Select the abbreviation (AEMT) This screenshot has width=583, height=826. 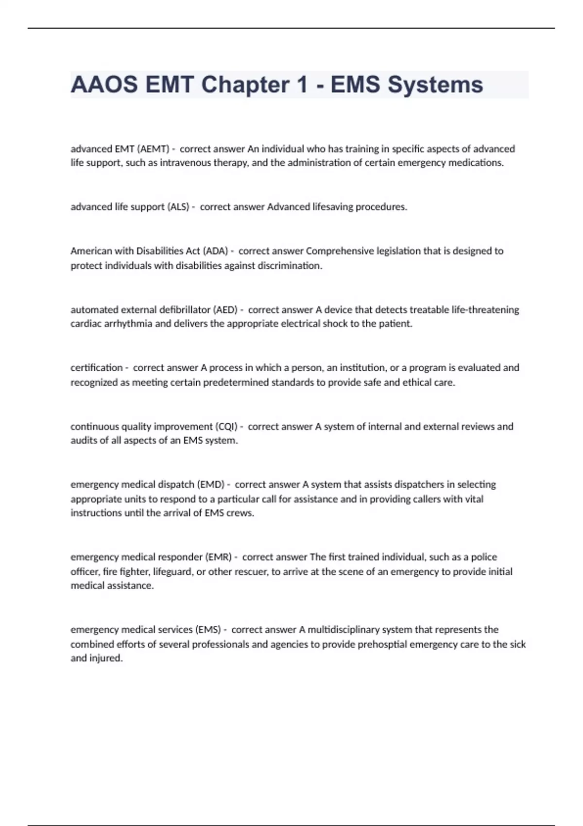pyautogui.click(x=154, y=149)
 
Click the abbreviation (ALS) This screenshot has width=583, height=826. pyautogui.click(x=178, y=207)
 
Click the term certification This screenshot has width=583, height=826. pyautogui.click(x=97, y=368)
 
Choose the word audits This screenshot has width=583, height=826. pyautogui.click(x=84, y=441)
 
